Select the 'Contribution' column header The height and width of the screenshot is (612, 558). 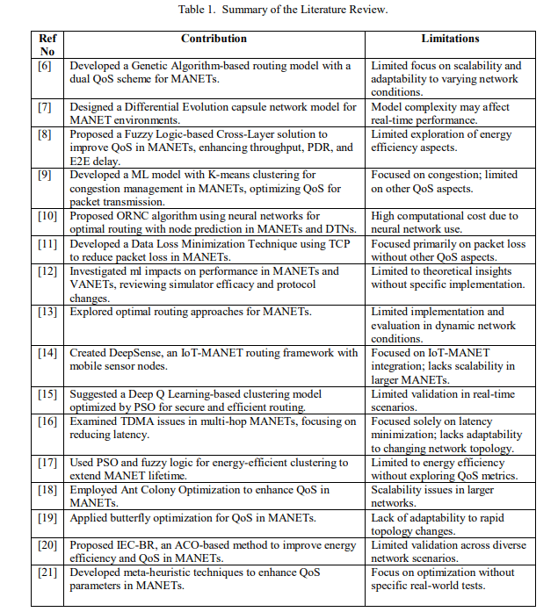point(214,39)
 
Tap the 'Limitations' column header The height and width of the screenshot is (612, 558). point(450,39)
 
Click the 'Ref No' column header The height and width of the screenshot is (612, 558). point(47,45)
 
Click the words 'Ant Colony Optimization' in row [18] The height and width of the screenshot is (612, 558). point(183,490)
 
